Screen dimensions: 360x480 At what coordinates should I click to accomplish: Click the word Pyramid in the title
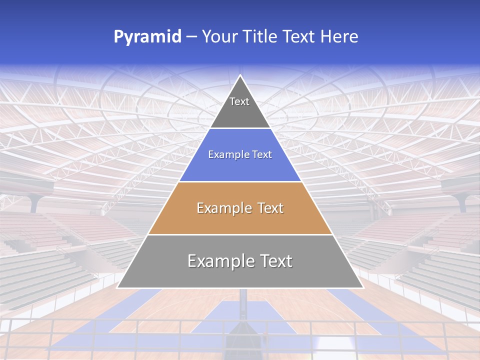point(147,37)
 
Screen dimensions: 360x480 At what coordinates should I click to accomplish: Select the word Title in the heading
point(261,36)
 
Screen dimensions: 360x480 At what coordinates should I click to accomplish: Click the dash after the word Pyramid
point(191,37)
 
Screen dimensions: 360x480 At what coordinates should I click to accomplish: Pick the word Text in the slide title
point(300,36)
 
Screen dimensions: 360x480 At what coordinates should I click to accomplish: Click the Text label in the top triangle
point(239,101)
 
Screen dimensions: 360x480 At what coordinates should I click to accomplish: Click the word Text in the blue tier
point(262,154)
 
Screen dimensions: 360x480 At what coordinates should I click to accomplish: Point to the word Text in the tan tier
point(270,208)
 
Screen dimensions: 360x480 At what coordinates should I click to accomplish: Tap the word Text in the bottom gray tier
point(276,261)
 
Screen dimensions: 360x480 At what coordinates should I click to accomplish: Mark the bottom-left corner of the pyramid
point(118,287)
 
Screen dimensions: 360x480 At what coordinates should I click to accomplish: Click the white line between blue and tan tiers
point(240,181)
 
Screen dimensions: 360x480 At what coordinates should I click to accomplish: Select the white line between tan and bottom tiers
point(240,234)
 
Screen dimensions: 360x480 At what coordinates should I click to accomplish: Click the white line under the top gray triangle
point(240,128)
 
